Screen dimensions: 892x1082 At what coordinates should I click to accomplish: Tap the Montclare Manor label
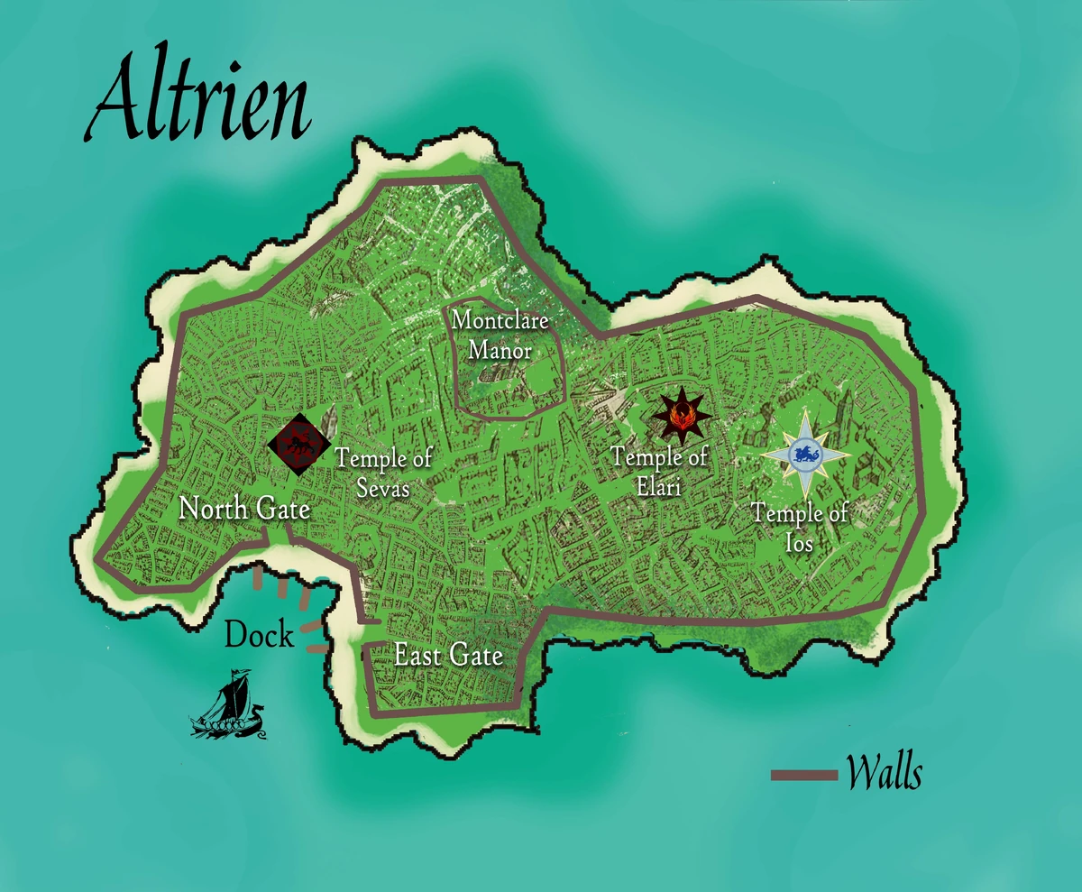[x=500, y=334]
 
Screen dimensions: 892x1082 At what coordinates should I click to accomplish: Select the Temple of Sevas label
[x=384, y=473]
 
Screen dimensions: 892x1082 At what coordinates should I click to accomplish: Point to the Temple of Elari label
[x=659, y=471]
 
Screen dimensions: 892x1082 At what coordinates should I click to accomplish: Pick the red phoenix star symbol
[x=683, y=415]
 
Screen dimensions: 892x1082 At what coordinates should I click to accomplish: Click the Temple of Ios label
[x=801, y=528]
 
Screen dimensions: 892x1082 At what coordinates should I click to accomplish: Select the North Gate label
[x=244, y=509]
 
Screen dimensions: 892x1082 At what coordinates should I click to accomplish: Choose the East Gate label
[x=448, y=656]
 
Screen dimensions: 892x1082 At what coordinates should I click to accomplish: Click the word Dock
[x=259, y=635]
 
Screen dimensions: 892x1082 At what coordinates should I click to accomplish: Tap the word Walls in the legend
[x=885, y=774]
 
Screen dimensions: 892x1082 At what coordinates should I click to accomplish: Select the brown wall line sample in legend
[x=804, y=775]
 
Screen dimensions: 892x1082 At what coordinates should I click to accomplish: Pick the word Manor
[x=500, y=350]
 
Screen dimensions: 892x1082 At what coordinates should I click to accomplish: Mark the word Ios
[x=800, y=543]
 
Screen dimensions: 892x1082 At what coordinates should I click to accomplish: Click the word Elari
[x=659, y=487]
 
